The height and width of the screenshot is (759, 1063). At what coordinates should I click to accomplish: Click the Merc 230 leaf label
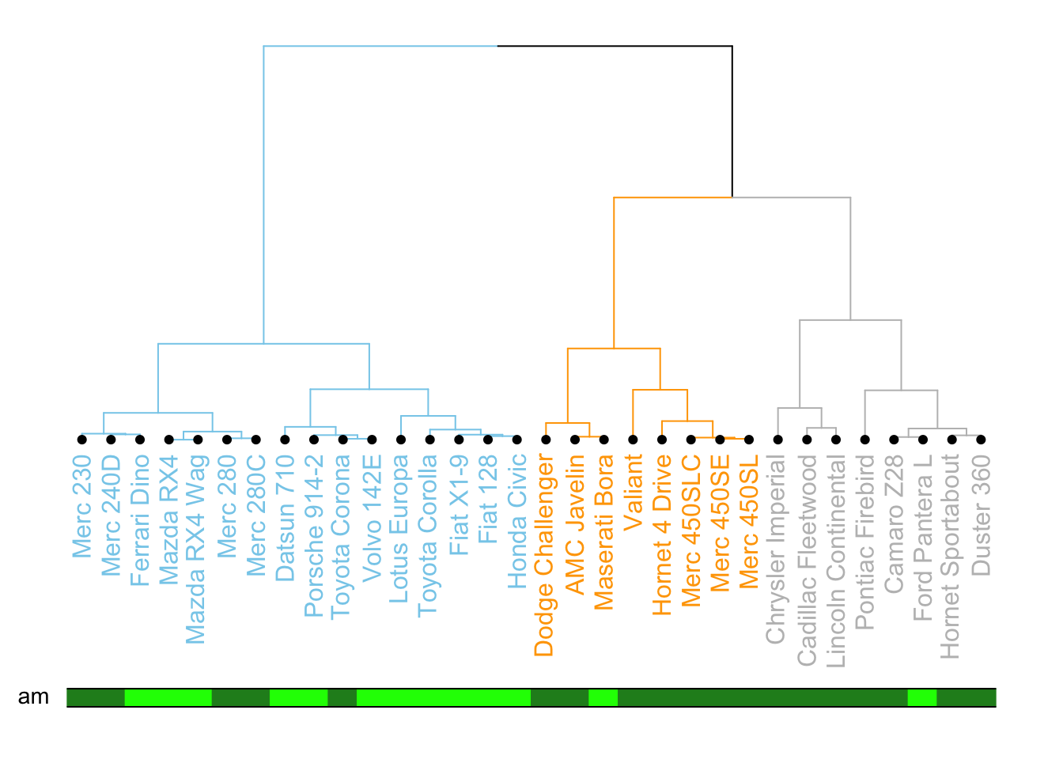tap(82, 506)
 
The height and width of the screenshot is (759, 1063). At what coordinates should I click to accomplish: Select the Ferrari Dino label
tap(140, 520)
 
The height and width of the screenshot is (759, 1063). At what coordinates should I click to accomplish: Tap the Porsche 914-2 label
tap(314, 535)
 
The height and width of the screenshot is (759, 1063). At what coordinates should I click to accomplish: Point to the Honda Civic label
tap(516, 521)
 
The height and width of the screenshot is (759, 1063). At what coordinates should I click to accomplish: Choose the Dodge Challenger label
tap(545, 555)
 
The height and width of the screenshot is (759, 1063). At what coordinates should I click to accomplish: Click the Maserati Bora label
tap(603, 532)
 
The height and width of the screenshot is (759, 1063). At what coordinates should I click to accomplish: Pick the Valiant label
tap(633, 492)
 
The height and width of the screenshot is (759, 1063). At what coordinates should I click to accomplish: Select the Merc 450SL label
tap(749, 521)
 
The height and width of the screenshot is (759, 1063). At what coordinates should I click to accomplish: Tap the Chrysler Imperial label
tap(777, 549)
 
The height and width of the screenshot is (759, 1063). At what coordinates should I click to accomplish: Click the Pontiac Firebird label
tap(864, 542)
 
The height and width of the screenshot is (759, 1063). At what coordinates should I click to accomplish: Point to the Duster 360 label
tap(981, 515)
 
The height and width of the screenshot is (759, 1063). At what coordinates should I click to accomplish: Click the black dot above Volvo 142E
tap(372, 440)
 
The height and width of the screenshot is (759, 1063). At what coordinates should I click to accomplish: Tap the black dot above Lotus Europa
tap(401, 440)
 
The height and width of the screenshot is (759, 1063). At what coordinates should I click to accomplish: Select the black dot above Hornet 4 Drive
tap(662, 440)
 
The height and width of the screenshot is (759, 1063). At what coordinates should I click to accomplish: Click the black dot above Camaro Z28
tap(894, 440)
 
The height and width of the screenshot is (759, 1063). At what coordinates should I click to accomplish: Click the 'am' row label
tap(33, 697)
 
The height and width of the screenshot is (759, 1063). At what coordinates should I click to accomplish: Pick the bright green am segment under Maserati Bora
tap(603, 697)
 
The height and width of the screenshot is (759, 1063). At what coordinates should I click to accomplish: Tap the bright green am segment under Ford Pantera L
tap(922, 697)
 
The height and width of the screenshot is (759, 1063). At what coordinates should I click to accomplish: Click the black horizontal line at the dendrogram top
tap(615, 47)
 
